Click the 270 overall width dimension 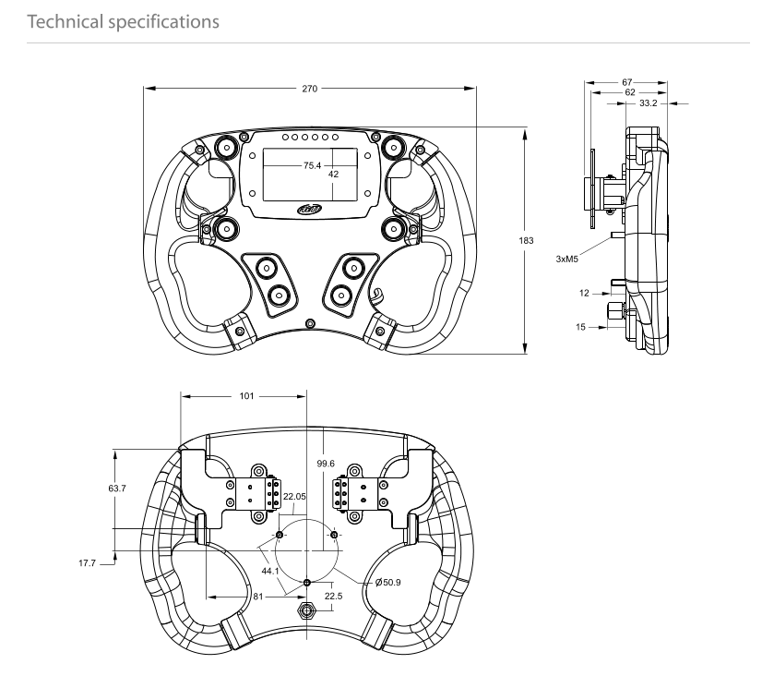(x=309, y=89)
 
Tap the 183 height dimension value (x=526, y=241)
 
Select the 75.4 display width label (x=312, y=165)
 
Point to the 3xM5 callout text (x=566, y=259)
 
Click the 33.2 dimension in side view (x=649, y=103)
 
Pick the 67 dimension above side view (x=627, y=82)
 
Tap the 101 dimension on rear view (x=246, y=396)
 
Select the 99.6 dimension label (x=326, y=464)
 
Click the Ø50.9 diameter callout (x=388, y=583)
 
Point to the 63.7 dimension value (x=117, y=489)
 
